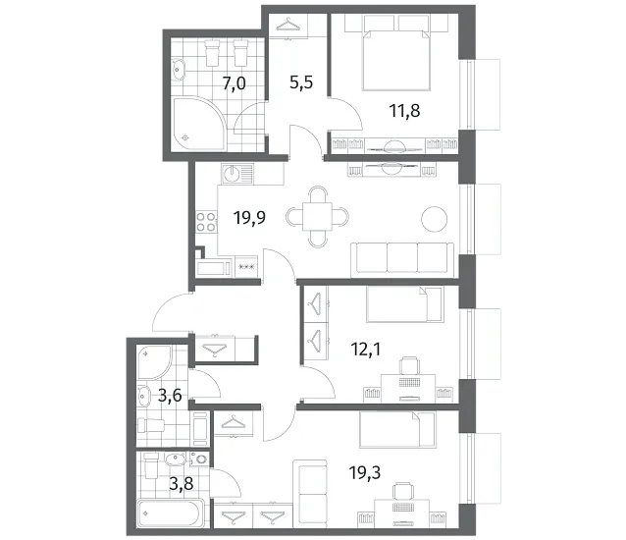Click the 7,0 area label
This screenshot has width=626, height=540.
pos(234,83)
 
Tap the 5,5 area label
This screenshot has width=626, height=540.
pos(301,82)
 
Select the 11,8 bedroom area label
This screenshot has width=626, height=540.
pos(405,111)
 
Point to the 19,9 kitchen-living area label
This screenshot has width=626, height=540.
pos(250,218)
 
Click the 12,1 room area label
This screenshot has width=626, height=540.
pos(366,350)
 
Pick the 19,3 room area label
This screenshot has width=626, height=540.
pos(365,473)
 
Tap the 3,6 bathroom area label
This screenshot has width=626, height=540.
pos(170,396)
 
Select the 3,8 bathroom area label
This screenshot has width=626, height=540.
pos(182,484)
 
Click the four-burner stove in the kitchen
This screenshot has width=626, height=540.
pos(206,222)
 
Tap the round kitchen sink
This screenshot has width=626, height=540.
pos(232,174)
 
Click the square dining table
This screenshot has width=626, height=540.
pos(317,216)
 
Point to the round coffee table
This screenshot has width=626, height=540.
pos(435,219)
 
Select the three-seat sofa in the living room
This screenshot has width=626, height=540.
pos(402,258)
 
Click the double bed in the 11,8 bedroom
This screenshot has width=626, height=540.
pos(396,60)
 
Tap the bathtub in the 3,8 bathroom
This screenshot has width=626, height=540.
pos(171,513)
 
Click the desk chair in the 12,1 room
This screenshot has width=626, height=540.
pos(409,365)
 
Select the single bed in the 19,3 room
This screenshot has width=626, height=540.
pos(397,430)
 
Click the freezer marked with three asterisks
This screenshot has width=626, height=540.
pos(246,266)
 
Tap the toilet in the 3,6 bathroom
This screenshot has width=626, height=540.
pos(151,425)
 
